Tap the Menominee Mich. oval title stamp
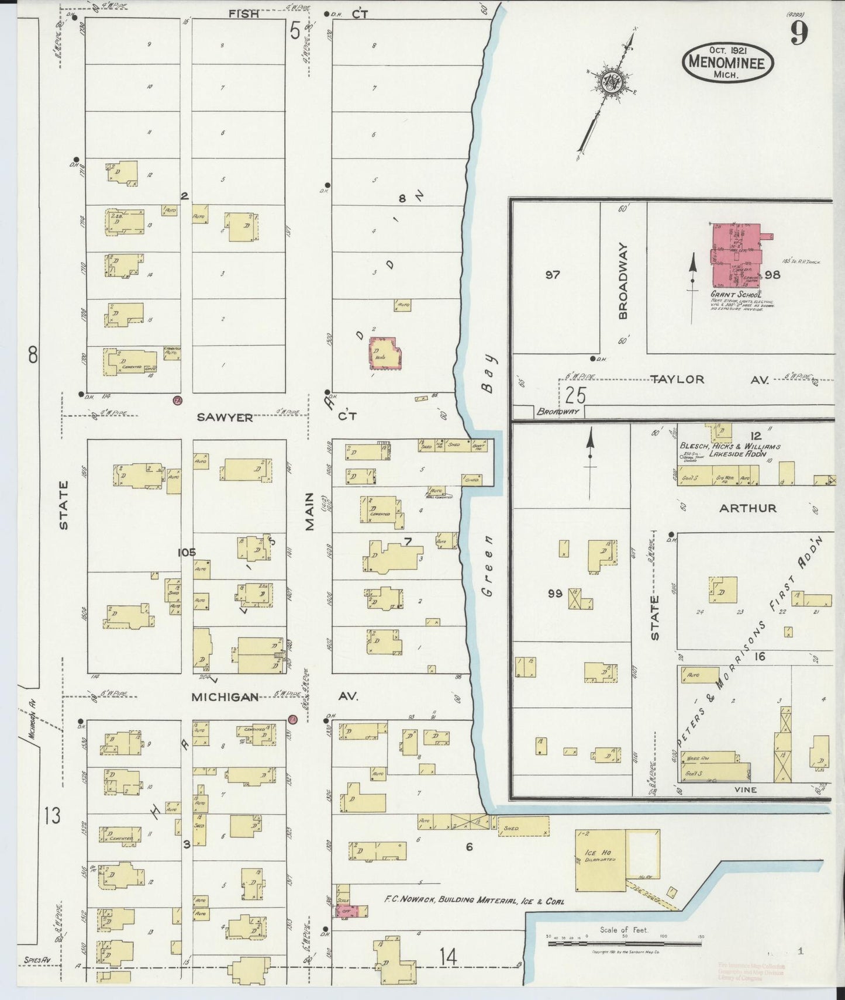click(727, 61)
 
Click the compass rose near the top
click(612, 82)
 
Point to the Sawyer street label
click(225, 417)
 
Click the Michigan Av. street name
click(225, 696)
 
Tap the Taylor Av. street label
click(678, 379)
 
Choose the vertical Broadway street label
click(623, 281)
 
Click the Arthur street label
click(747, 508)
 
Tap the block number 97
click(553, 274)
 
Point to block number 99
click(555, 594)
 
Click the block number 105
click(187, 551)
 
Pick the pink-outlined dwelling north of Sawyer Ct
click(385, 353)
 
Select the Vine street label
click(745, 789)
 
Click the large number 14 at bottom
click(449, 957)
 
